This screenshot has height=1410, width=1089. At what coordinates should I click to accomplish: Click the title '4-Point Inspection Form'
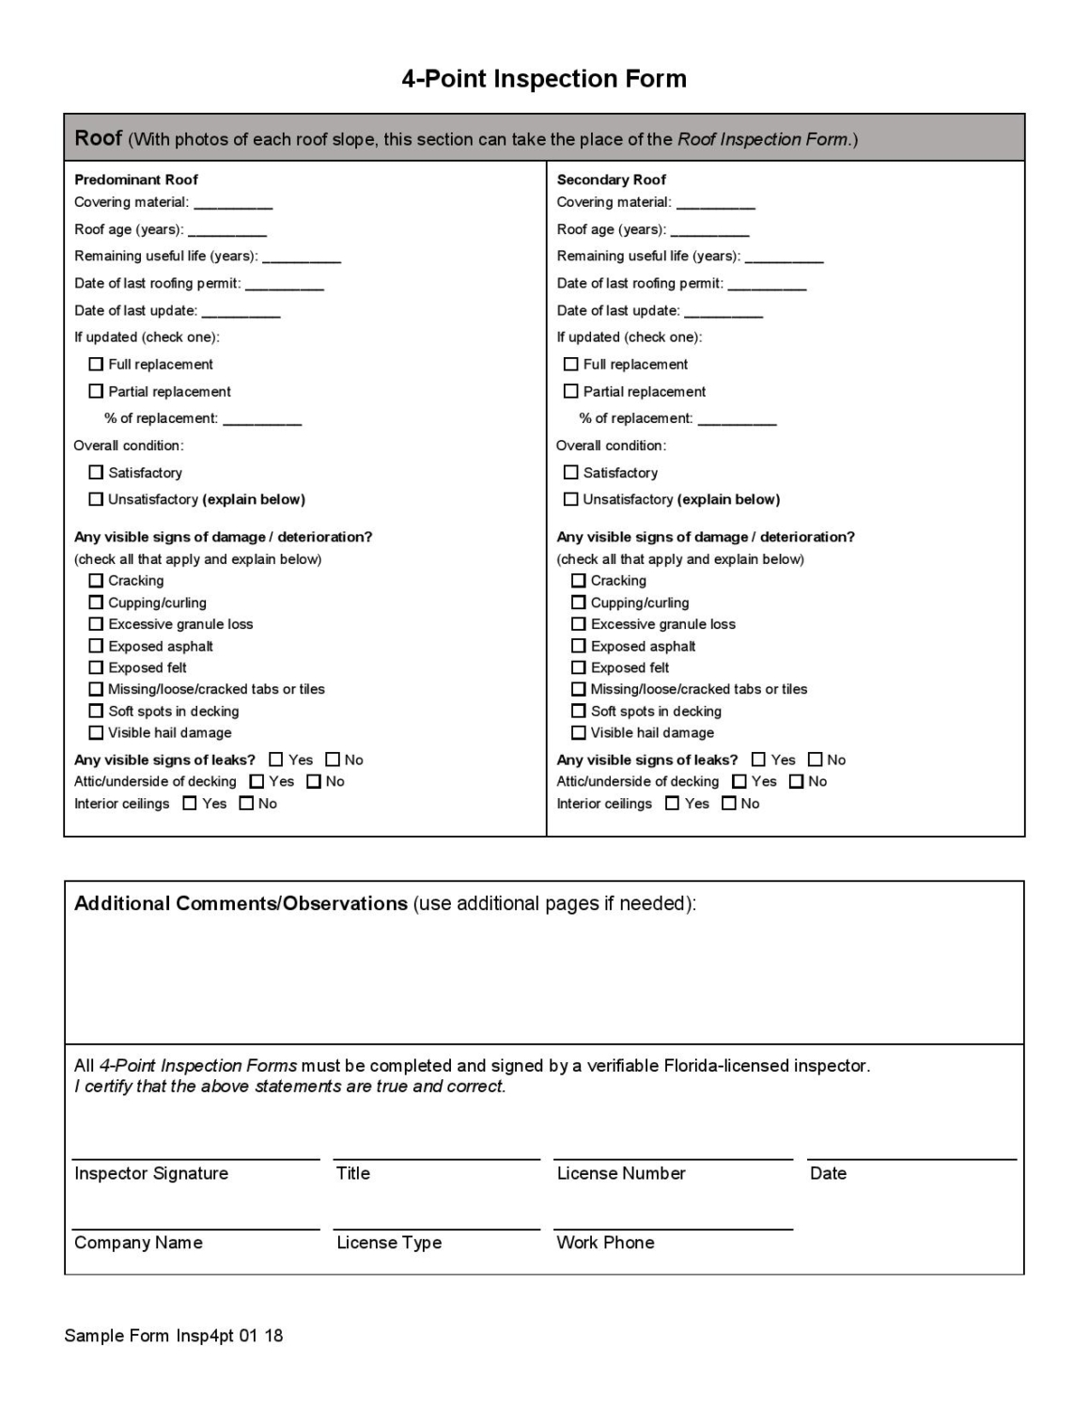click(x=544, y=79)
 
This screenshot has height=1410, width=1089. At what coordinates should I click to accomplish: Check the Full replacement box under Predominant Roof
click(x=96, y=364)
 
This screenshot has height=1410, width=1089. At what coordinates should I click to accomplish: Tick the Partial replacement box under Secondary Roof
click(x=570, y=391)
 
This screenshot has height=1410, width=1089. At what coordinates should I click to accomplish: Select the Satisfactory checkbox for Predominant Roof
click(x=96, y=472)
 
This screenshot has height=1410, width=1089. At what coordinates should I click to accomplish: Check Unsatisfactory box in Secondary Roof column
click(x=570, y=499)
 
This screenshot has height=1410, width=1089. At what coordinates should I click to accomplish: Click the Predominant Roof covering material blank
click(x=233, y=204)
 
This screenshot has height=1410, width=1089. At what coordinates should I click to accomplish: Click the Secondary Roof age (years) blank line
click(x=709, y=231)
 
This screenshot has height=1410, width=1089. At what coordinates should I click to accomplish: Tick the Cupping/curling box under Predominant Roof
click(x=96, y=603)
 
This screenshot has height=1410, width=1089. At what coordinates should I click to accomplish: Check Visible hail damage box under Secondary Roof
click(x=578, y=732)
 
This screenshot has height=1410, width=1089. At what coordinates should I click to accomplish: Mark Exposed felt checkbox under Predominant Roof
click(x=96, y=667)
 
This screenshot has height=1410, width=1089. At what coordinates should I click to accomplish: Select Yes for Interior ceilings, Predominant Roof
click(x=190, y=804)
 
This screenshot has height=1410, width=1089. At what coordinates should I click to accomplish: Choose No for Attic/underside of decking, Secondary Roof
click(x=796, y=781)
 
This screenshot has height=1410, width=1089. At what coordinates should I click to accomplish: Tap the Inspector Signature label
click(x=151, y=1173)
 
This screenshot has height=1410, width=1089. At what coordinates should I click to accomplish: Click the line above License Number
click(x=673, y=1158)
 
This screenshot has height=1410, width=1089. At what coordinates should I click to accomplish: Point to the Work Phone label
click(x=605, y=1243)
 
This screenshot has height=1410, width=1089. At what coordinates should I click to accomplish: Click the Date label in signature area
click(x=828, y=1173)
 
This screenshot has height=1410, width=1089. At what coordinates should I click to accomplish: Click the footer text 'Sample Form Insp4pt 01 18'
click(x=174, y=1336)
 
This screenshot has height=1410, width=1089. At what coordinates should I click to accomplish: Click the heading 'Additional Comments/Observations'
click(x=241, y=903)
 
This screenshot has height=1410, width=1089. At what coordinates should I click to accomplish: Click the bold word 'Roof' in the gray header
click(x=98, y=138)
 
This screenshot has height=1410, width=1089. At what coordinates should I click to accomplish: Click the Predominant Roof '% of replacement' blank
click(x=262, y=420)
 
